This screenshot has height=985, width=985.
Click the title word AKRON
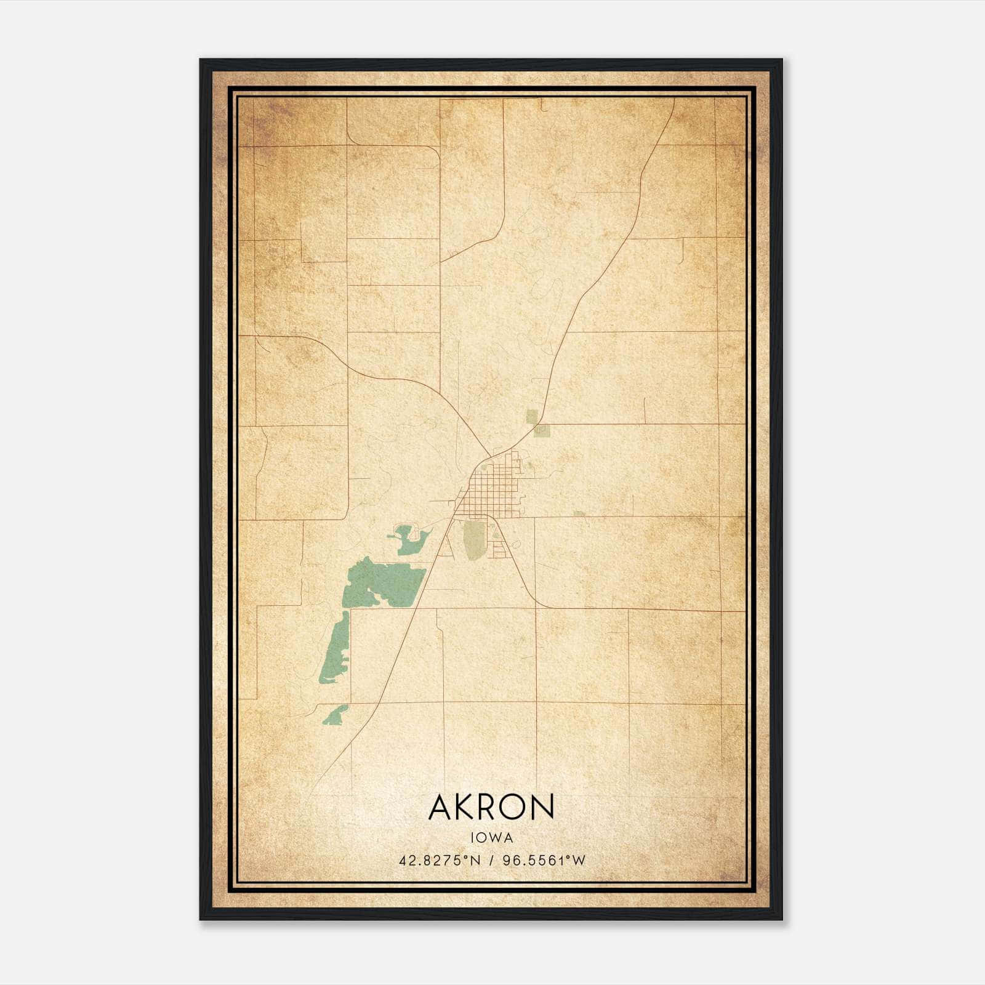[x=491, y=807]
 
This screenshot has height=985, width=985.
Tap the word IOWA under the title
[x=491, y=838]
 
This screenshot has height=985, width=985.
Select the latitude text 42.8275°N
[x=439, y=861]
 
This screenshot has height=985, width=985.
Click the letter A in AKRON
[x=441, y=807]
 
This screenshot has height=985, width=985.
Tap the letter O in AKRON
[x=514, y=807]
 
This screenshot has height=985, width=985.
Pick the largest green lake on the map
[x=382, y=582]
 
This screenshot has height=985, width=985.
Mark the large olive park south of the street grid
[x=473, y=540]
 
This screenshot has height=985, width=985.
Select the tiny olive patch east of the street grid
[x=578, y=513]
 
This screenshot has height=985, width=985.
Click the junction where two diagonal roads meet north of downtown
[x=489, y=456]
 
